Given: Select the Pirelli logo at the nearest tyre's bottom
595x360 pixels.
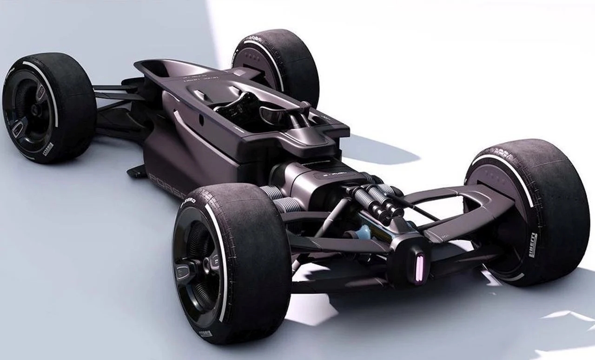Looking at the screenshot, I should point(205,334).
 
